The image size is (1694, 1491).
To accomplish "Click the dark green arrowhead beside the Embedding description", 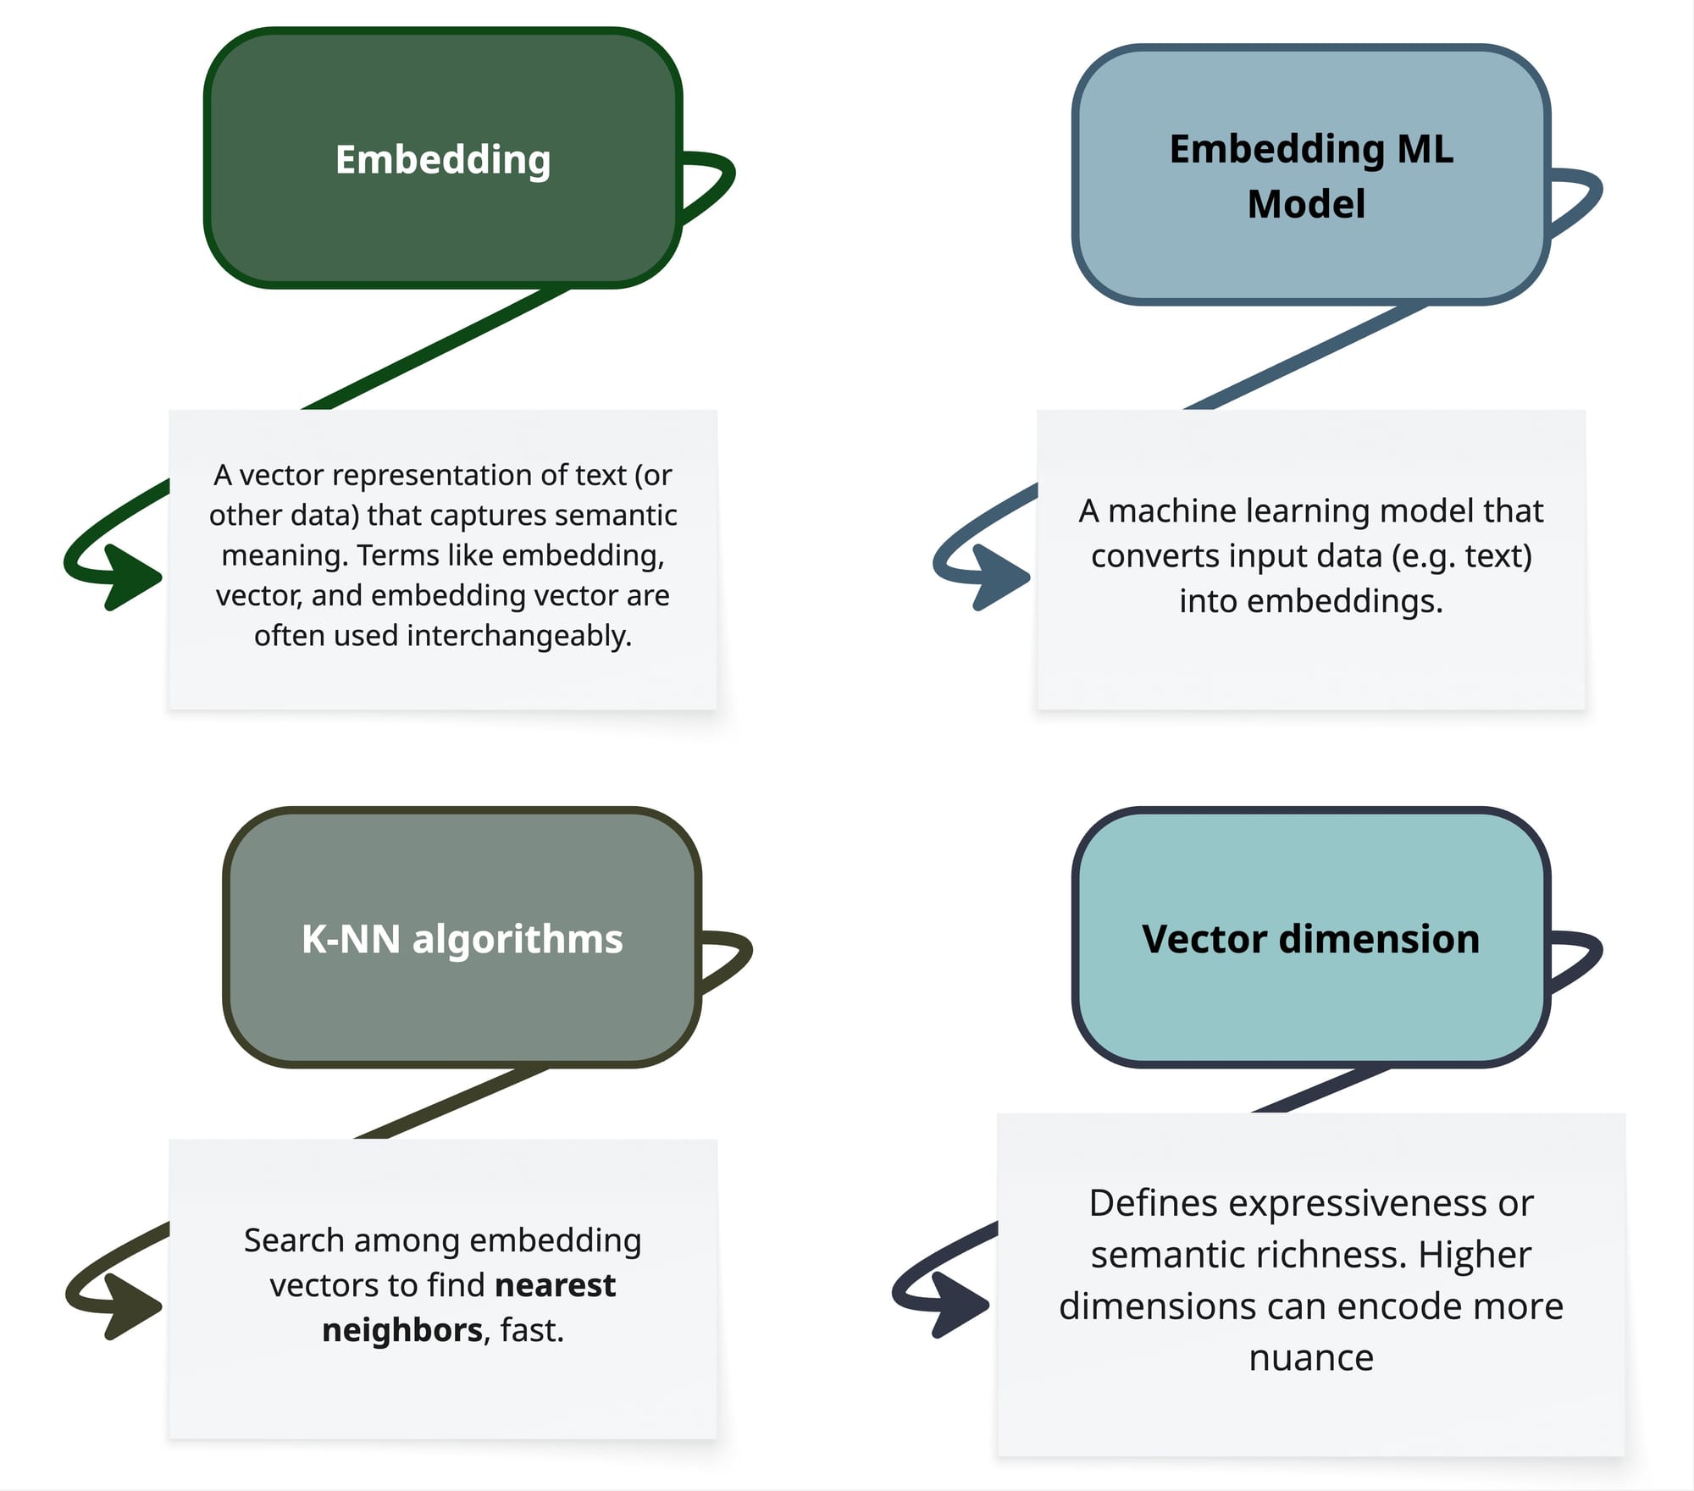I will point(131,577).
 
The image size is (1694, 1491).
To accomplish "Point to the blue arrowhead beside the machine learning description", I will point(999,577).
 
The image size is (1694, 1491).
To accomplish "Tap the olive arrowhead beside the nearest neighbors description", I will point(131,1306).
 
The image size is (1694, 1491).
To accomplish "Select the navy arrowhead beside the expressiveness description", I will point(959,1305).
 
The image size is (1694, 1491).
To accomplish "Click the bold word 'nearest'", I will point(555,1285).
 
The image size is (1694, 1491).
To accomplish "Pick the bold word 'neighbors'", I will point(402,1330).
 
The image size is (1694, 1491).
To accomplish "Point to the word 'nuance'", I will point(1310,1357).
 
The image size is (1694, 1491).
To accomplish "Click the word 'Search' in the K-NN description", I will point(293,1240).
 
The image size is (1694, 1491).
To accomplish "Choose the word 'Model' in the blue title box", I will point(1306,204).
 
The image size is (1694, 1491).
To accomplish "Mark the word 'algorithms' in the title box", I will point(517,939).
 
